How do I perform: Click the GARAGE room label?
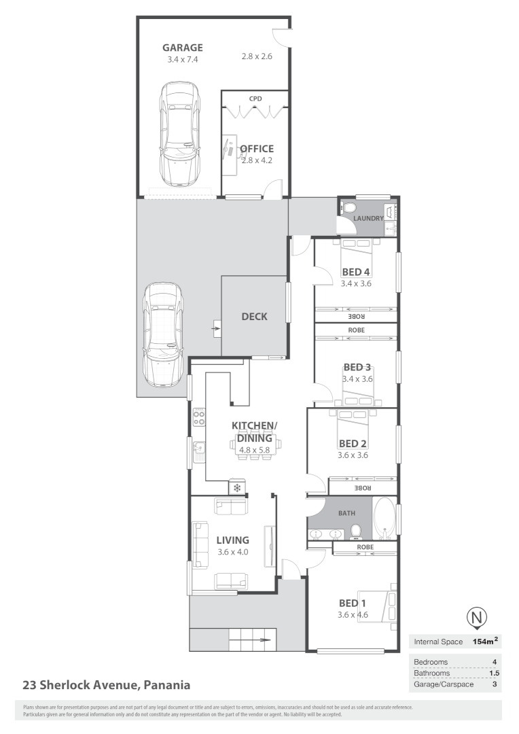(x=182, y=48)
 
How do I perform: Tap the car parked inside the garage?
(x=180, y=134)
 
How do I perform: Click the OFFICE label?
(x=257, y=149)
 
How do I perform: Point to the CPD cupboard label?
(x=255, y=99)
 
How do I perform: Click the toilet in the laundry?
(x=348, y=206)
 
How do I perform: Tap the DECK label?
(x=255, y=317)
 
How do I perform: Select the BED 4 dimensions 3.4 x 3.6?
(x=356, y=283)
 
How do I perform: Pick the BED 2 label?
(x=353, y=443)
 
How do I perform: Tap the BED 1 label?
(x=353, y=603)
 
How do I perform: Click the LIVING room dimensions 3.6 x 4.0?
(x=232, y=552)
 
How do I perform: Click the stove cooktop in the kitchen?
(x=199, y=416)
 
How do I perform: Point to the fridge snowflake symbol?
(x=237, y=488)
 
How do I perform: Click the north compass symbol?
(x=478, y=617)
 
